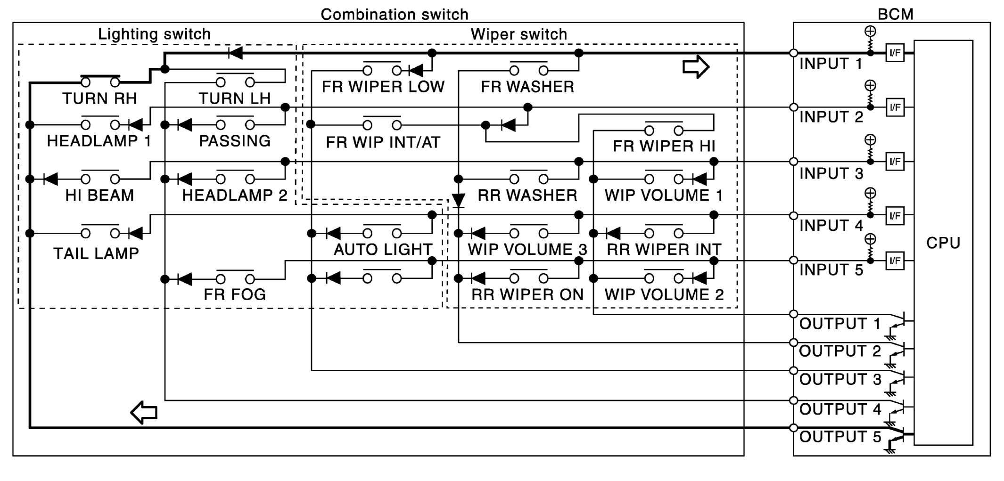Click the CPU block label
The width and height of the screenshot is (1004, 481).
(943, 243)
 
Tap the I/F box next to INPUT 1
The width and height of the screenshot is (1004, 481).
(895, 53)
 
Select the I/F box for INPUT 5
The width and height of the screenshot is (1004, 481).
(895, 261)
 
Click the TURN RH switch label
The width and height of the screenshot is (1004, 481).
(99, 98)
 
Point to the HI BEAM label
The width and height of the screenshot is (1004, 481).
(99, 195)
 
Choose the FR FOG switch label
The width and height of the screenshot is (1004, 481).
(235, 294)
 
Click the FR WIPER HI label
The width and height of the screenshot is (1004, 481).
(664, 146)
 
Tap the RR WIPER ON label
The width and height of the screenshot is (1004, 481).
(527, 294)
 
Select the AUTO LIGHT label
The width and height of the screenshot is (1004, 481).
(383, 249)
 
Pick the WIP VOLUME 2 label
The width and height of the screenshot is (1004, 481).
(664, 294)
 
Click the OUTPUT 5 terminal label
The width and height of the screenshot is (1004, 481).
(840, 437)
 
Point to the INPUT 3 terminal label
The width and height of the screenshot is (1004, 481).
(831, 173)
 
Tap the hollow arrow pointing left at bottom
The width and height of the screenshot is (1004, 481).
(144, 413)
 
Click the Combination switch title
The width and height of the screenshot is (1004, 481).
(395, 14)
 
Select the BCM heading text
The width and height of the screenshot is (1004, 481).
(895, 14)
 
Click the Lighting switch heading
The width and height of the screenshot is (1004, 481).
(154, 34)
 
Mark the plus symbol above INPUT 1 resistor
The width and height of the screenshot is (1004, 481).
(870, 32)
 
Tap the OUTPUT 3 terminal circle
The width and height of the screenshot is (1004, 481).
(793, 371)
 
